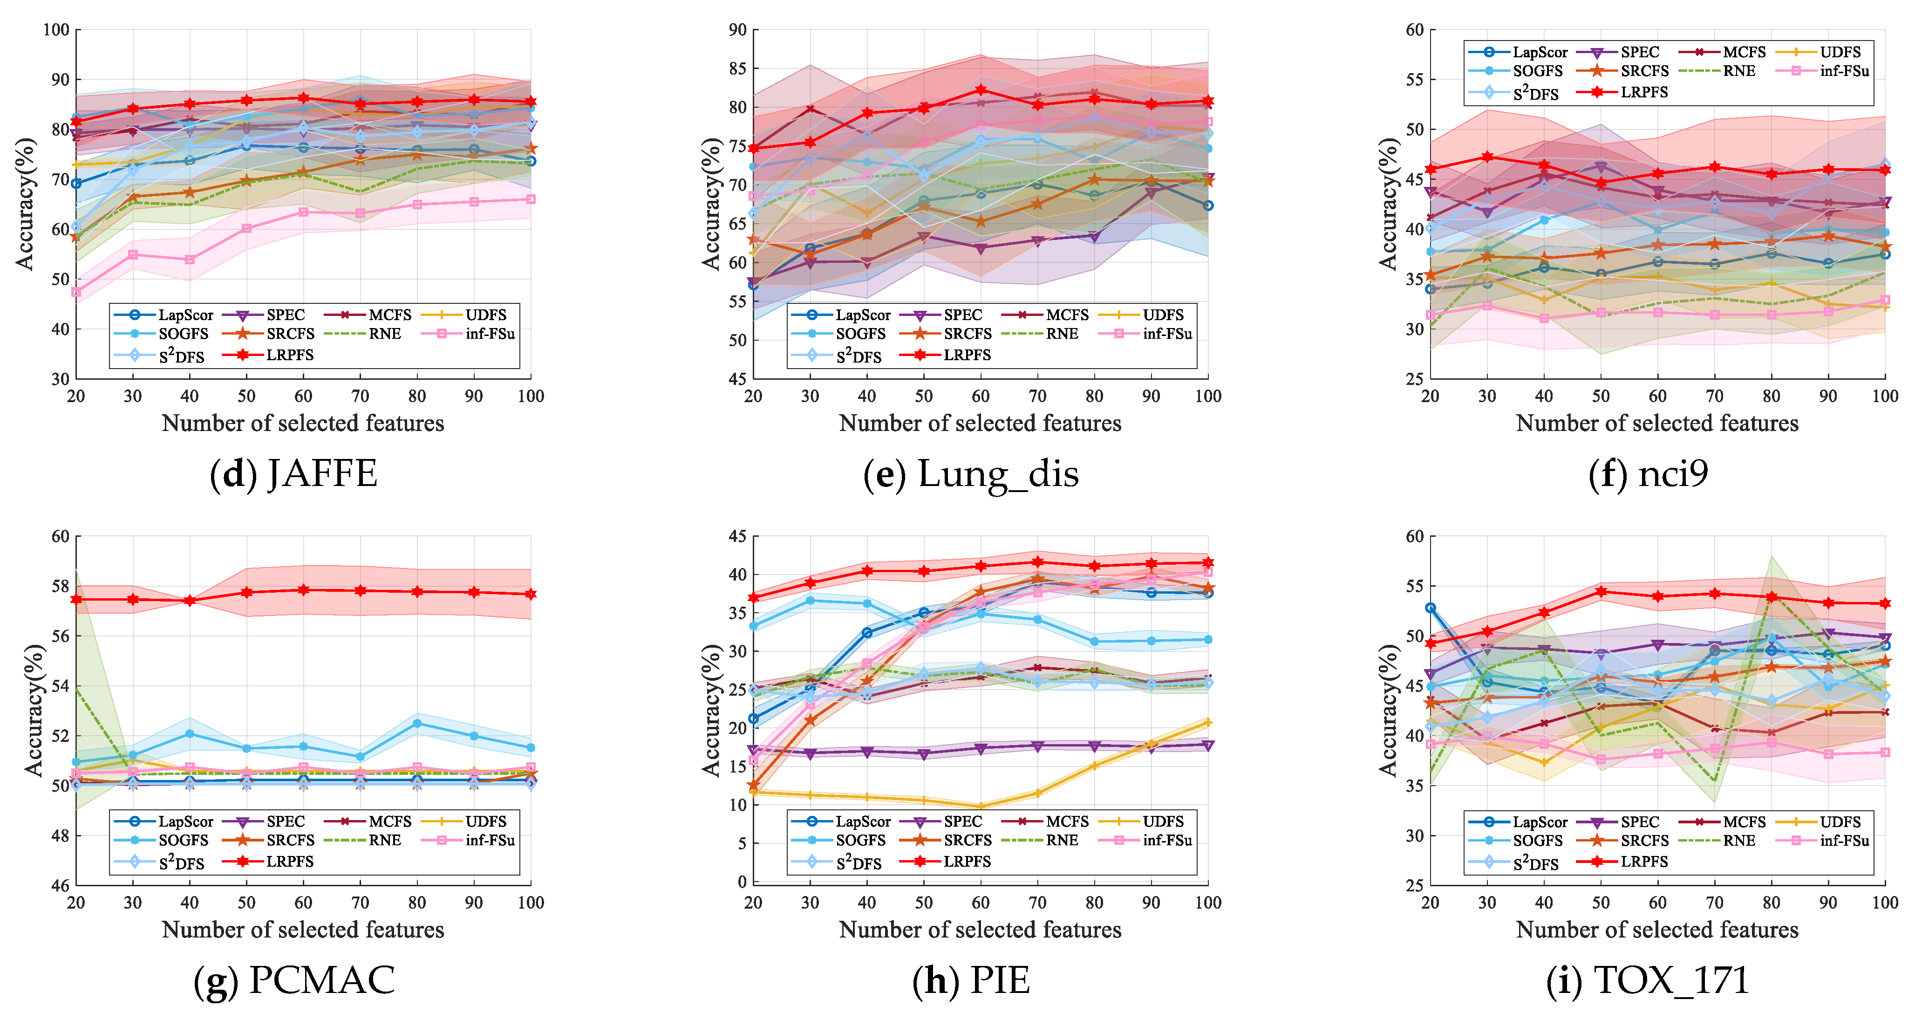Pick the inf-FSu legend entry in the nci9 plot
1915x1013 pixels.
tap(1844, 71)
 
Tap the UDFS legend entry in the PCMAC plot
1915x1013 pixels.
tap(485, 821)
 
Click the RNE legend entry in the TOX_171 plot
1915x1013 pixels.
tap(1739, 841)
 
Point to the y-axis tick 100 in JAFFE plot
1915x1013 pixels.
tap(56, 30)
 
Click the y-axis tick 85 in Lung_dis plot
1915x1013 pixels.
tap(737, 68)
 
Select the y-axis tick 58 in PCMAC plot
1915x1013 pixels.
tap(60, 586)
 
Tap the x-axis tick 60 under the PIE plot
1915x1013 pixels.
tap(981, 902)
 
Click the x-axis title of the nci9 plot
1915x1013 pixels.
tap(1657, 423)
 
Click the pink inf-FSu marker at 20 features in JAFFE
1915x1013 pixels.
tap(76, 292)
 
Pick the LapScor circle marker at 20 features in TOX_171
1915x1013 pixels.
tap(1430, 608)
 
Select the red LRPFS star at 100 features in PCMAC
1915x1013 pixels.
tap(531, 594)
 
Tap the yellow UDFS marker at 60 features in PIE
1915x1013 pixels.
tap(981, 806)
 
